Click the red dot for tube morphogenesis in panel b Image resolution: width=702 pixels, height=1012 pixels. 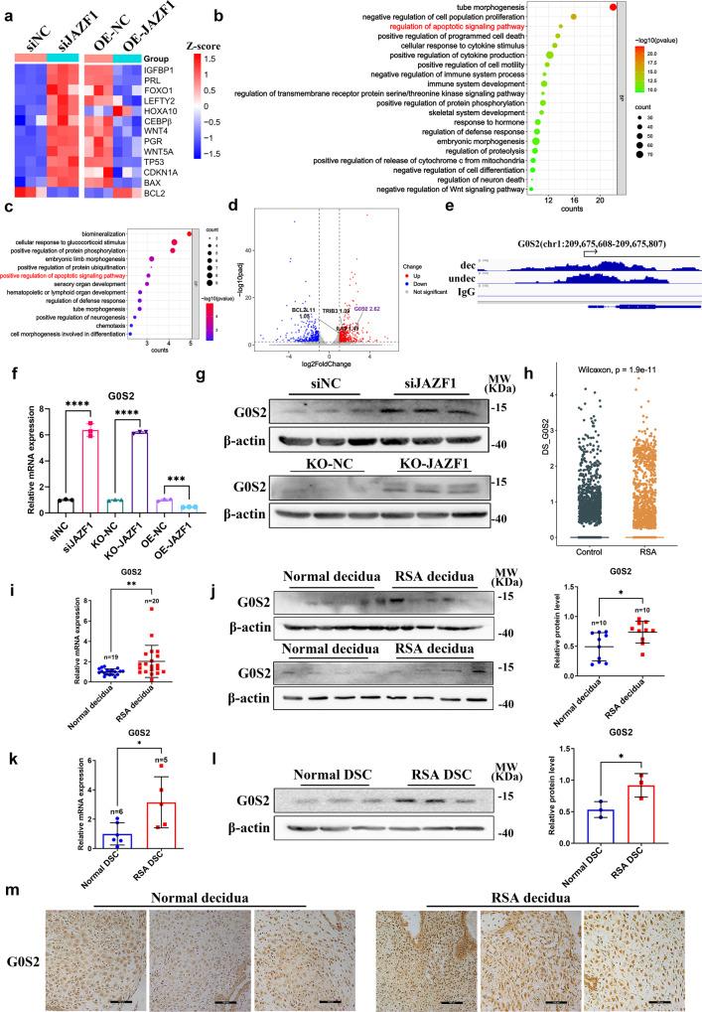(614, 9)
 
